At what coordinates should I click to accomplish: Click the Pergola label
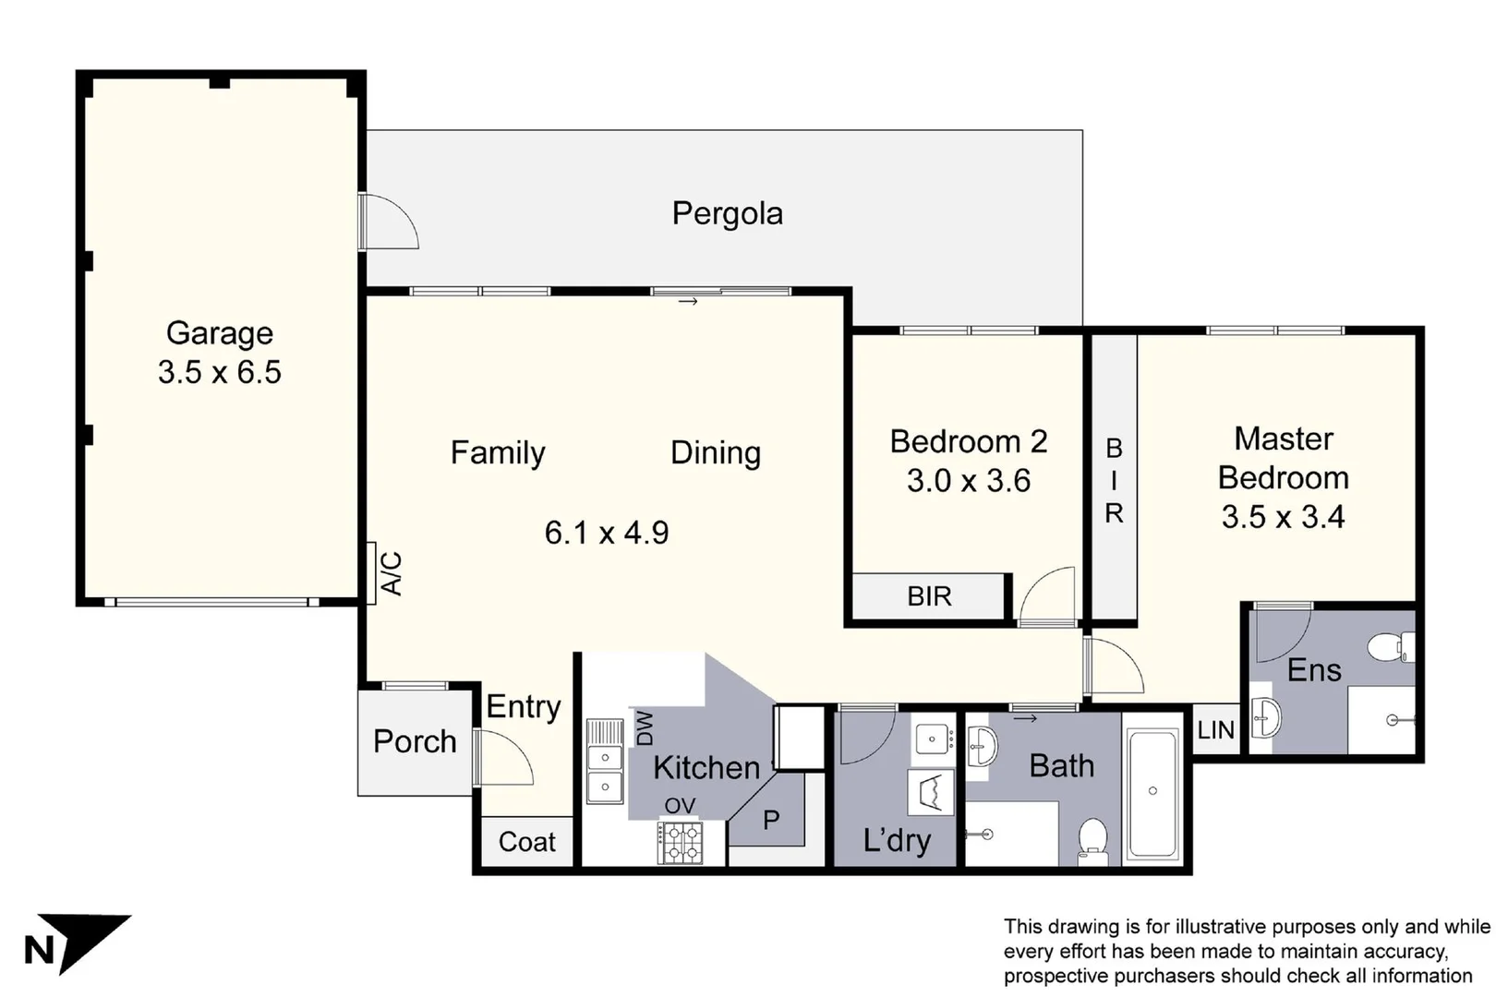[x=727, y=214]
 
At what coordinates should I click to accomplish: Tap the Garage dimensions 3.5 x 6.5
[x=220, y=372]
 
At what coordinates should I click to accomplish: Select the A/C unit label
[x=391, y=573]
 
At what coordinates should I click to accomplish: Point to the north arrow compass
[x=78, y=943]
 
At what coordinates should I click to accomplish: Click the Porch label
[x=415, y=741]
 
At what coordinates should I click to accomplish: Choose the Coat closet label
[x=527, y=842]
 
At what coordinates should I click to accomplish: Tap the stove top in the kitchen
[x=680, y=843]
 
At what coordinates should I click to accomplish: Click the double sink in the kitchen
[x=605, y=762]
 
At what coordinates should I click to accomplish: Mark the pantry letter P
[x=771, y=820]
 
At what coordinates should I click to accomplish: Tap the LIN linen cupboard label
[x=1215, y=730]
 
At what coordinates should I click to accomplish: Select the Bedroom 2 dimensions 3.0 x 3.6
[x=969, y=481]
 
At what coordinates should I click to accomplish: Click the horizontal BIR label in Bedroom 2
[x=929, y=596]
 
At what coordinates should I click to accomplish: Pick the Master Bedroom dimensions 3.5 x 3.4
[x=1283, y=517]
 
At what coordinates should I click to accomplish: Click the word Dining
[x=716, y=452]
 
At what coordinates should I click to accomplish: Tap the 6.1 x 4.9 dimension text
[x=607, y=533]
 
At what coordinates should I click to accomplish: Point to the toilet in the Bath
[x=1092, y=841]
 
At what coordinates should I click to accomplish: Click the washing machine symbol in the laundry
[x=931, y=793]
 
